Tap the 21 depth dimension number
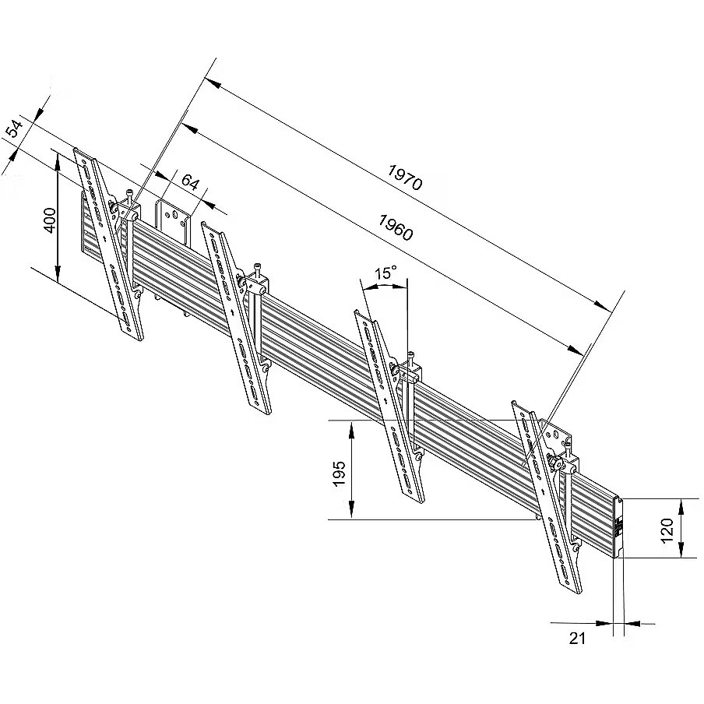point(577,639)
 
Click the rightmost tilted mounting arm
point(548,498)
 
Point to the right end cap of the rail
point(620,527)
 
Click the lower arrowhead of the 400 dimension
point(58,276)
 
